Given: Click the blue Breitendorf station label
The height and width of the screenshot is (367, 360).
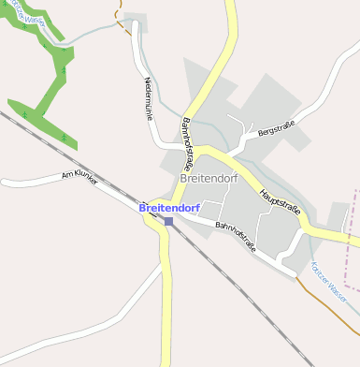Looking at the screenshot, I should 169,207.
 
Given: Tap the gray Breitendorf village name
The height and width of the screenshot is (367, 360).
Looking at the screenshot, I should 208,177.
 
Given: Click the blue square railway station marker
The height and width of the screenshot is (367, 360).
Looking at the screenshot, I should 168,221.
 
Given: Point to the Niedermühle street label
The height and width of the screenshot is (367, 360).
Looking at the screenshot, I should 148,97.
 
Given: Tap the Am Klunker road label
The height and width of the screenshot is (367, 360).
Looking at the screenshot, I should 79,176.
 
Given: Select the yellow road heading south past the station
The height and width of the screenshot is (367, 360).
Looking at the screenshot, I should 167,309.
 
